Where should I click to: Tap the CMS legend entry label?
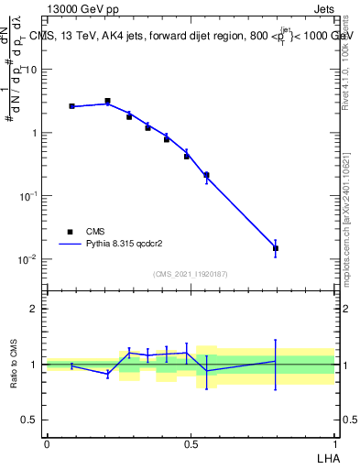click(x=96, y=232)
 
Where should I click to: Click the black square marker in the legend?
click(x=69, y=232)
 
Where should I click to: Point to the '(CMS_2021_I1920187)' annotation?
click(x=191, y=274)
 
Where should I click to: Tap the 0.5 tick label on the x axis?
click(x=191, y=442)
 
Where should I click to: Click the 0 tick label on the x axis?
click(x=47, y=442)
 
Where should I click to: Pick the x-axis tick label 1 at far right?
click(x=334, y=442)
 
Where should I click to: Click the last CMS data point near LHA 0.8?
click(x=276, y=248)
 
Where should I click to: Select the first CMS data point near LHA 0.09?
click(x=71, y=106)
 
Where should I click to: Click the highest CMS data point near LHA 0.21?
click(x=107, y=101)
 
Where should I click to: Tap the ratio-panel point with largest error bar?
click(x=276, y=362)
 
